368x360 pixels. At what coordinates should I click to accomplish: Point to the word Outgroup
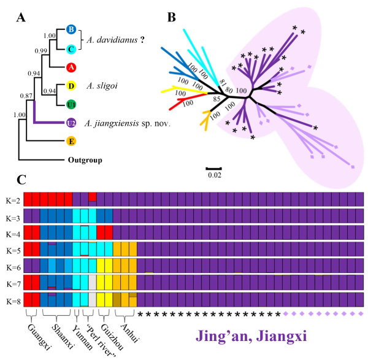tap(85, 161)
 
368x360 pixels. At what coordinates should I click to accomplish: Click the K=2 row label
tap(12, 200)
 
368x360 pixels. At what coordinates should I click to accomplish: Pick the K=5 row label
tap(12, 250)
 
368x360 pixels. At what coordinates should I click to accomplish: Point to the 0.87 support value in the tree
tap(26, 97)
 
